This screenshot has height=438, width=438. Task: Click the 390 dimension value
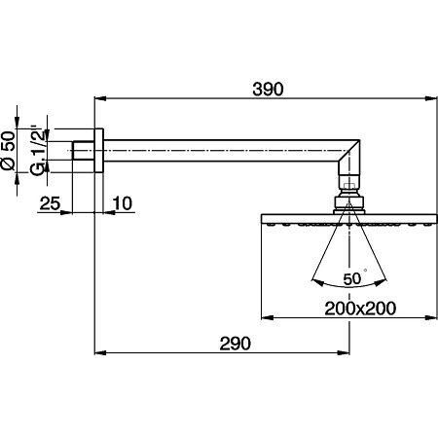pyautogui.click(x=267, y=89)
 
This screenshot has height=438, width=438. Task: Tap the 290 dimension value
pyautogui.click(x=235, y=343)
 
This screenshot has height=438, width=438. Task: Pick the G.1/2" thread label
pyautogui.click(x=36, y=152)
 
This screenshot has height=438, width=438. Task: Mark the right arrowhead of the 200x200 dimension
pyautogui.click(x=428, y=317)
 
